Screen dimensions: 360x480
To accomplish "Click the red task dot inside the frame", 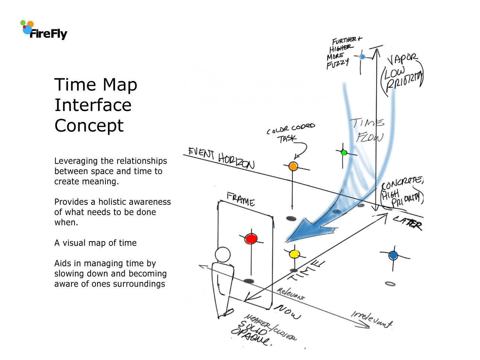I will pyautogui.click(x=251, y=238).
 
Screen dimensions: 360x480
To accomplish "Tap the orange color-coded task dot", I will pyautogui.click(x=293, y=166).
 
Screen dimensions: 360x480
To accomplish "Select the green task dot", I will pyautogui.click(x=344, y=153).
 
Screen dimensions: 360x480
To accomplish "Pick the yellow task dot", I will pyautogui.click(x=294, y=254).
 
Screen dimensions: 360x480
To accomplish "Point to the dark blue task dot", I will pyautogui.click(x=393, y=255).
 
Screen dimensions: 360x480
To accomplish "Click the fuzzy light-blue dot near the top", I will pyautogui.click(x=362, y=56).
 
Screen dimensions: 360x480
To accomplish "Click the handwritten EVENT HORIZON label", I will pyautogui.click(x=221, y=158).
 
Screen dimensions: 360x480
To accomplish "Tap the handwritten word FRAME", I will pyautogui.click(x=241, y=199).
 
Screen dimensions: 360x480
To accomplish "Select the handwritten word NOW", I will pyautogui.click(x=287, y=311).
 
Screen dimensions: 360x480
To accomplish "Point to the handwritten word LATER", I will pyautogui.click(x=408, y=223).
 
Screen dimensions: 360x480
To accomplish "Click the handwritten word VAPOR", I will pyautogui.click(x=402, y=59).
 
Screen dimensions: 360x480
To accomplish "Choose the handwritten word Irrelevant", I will pyautogui.click(x=372, y=319).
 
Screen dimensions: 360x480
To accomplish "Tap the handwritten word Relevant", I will pyautogui.click(x=291, y=294).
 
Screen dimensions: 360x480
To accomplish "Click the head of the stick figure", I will pyautogui.click(x=222, y=255).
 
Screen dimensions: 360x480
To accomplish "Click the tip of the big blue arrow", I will pyautogui.click(x=287, y=240).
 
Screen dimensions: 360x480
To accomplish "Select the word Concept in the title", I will pyautogui.click(x=89, y=126).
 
